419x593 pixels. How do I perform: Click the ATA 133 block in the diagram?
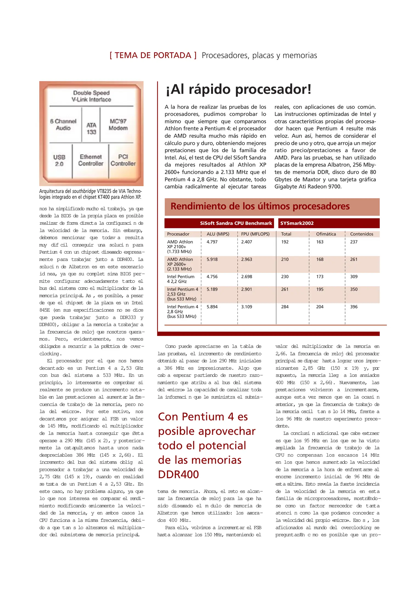[x=91, y=128]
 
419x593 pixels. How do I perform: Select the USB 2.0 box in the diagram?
[x=59, y=160]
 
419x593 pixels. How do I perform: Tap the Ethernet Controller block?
[x=91, y=160]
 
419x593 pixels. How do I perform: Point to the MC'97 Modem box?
[x=118, y=125]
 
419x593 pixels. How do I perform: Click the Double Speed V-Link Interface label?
[x=91, y=96]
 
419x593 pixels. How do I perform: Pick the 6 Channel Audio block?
[x=63, y=125]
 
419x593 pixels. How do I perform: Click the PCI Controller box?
[x=123, y=160]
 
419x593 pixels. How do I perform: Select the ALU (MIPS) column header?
[x=218, y=234]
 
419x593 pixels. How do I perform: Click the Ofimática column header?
[x=326, y=234]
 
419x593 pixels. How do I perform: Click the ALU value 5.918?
[x=212, y=259]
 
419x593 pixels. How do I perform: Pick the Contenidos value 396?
[x=354, y=307]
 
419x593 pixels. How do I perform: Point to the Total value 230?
[x=285, y=276]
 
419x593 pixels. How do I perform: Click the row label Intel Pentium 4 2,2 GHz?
[x=180, y=279]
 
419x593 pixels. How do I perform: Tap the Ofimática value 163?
[x=320, y=242]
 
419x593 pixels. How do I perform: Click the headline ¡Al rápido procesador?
[x=238, y=89]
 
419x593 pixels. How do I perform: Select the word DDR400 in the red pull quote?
[x=178, y=474]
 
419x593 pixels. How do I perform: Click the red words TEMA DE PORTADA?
[x=153, y=55]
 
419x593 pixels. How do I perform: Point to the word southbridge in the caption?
[x=84, y=191]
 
